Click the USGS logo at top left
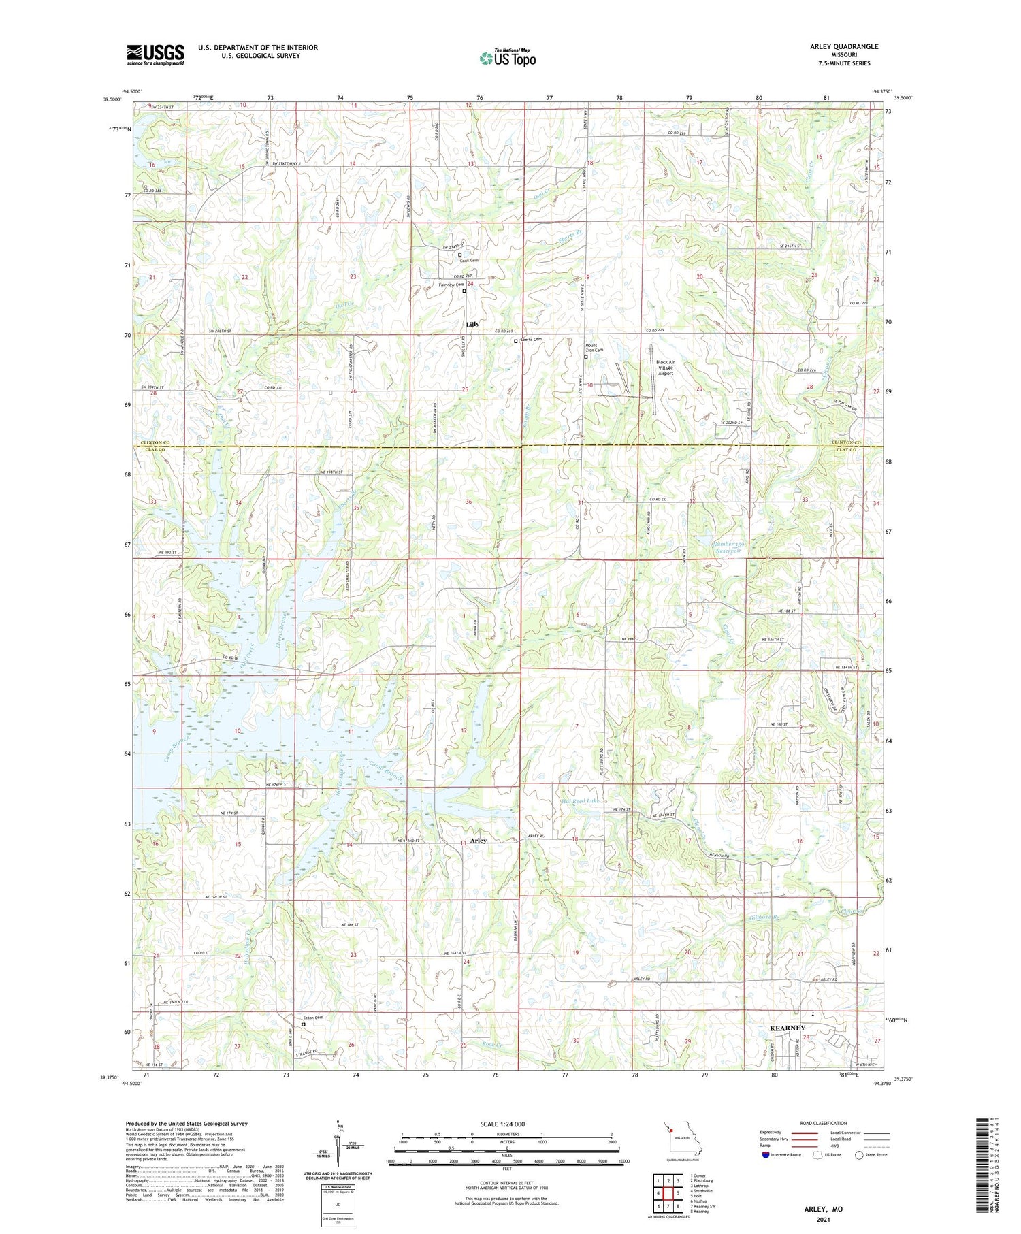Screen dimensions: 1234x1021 [155, 54]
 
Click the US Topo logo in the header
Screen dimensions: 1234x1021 [508, 58]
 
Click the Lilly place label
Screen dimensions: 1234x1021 [472, 324]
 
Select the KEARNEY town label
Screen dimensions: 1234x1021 [787, 1028]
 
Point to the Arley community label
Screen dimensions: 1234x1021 [478, 841]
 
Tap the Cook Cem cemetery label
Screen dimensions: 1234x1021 [469, 261]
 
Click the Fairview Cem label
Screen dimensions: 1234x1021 [451, 285]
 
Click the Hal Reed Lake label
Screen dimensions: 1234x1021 [583, 801]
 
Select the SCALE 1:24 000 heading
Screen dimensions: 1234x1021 [502, 1124]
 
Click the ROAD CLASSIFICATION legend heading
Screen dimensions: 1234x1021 [824, 1123]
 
